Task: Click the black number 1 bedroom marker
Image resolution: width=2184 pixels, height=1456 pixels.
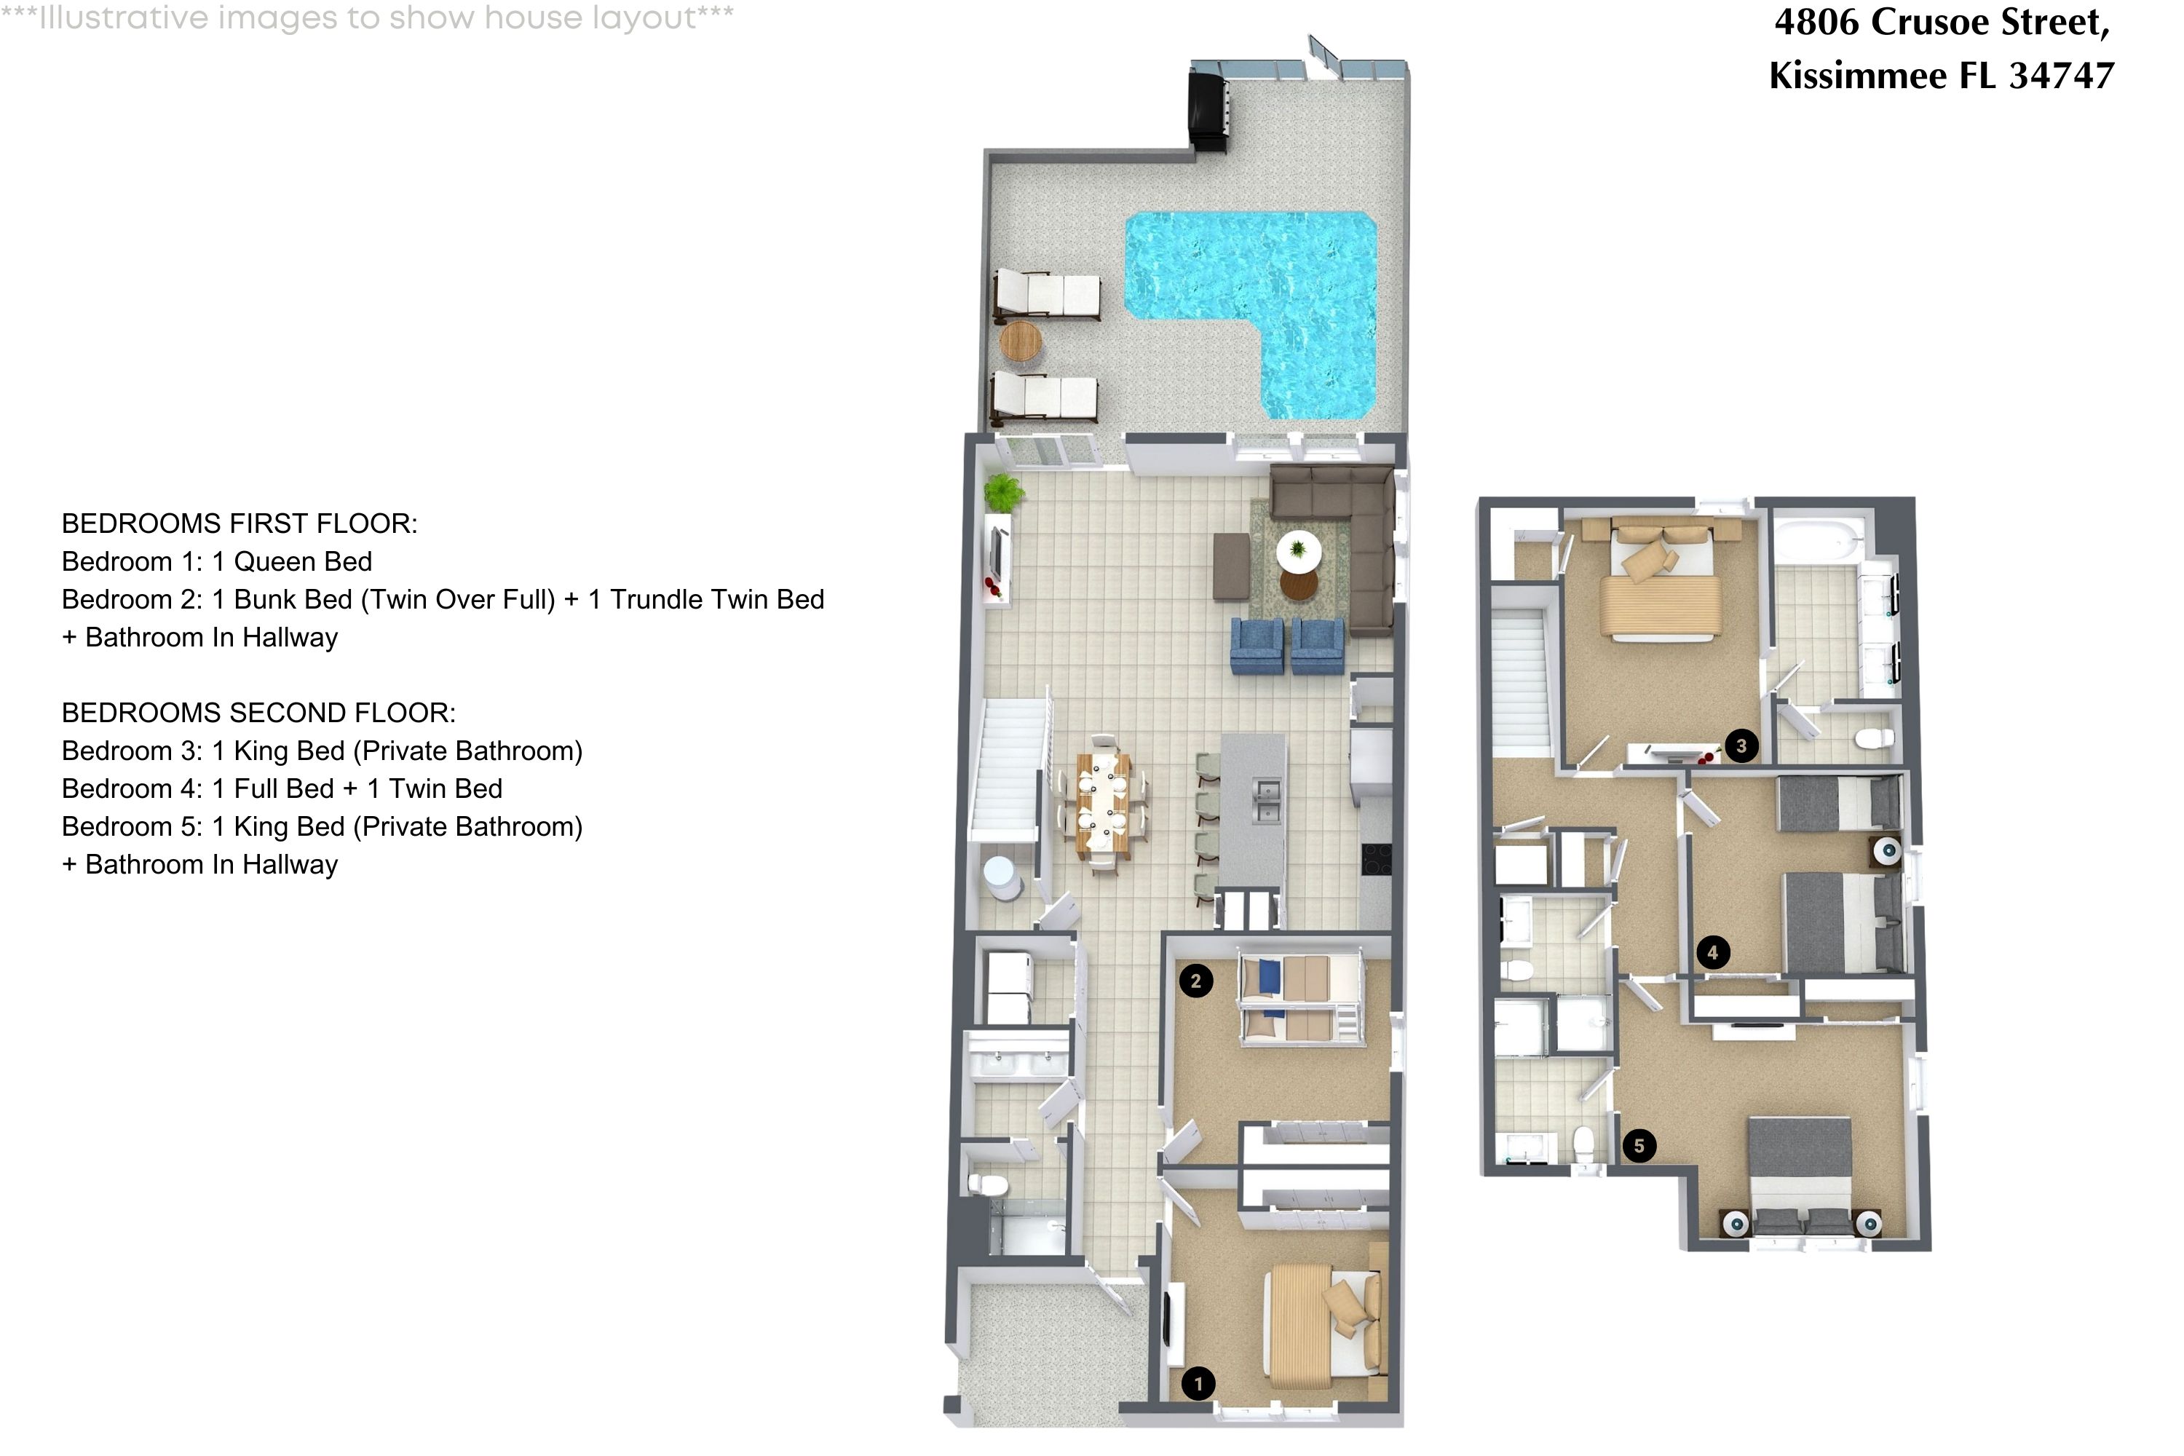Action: pos(1198,1384)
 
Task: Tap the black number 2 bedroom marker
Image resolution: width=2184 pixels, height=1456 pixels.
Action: pos(1195,981)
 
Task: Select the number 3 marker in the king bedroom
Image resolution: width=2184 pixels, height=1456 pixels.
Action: pos(1741,745)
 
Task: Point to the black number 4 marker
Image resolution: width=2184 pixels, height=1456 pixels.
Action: pos(1712,951)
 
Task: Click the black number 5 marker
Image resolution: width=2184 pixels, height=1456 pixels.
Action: pos(1639,1145)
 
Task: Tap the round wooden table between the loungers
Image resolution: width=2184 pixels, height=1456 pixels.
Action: pos(1021,341)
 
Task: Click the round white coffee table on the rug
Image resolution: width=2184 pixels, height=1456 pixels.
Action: pos(1298,550)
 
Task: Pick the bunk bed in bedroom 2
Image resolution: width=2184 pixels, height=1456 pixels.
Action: pos(1301,997)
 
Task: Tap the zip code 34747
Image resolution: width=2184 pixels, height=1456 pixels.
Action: pos(2062,75)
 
